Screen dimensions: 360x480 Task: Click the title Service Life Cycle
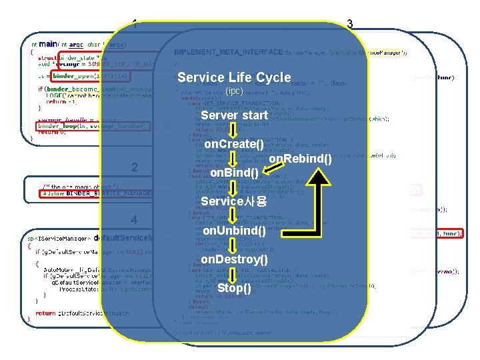234,77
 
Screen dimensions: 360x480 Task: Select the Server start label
234,115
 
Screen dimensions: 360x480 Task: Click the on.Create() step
234,144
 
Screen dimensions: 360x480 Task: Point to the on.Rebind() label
300,158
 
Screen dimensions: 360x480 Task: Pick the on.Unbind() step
234,231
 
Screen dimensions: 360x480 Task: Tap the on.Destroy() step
234,259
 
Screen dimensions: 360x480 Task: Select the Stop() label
234,288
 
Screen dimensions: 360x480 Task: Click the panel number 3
350,24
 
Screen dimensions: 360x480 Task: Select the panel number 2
135,167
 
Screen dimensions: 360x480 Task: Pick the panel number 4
135,219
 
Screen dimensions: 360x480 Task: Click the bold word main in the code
48,45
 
